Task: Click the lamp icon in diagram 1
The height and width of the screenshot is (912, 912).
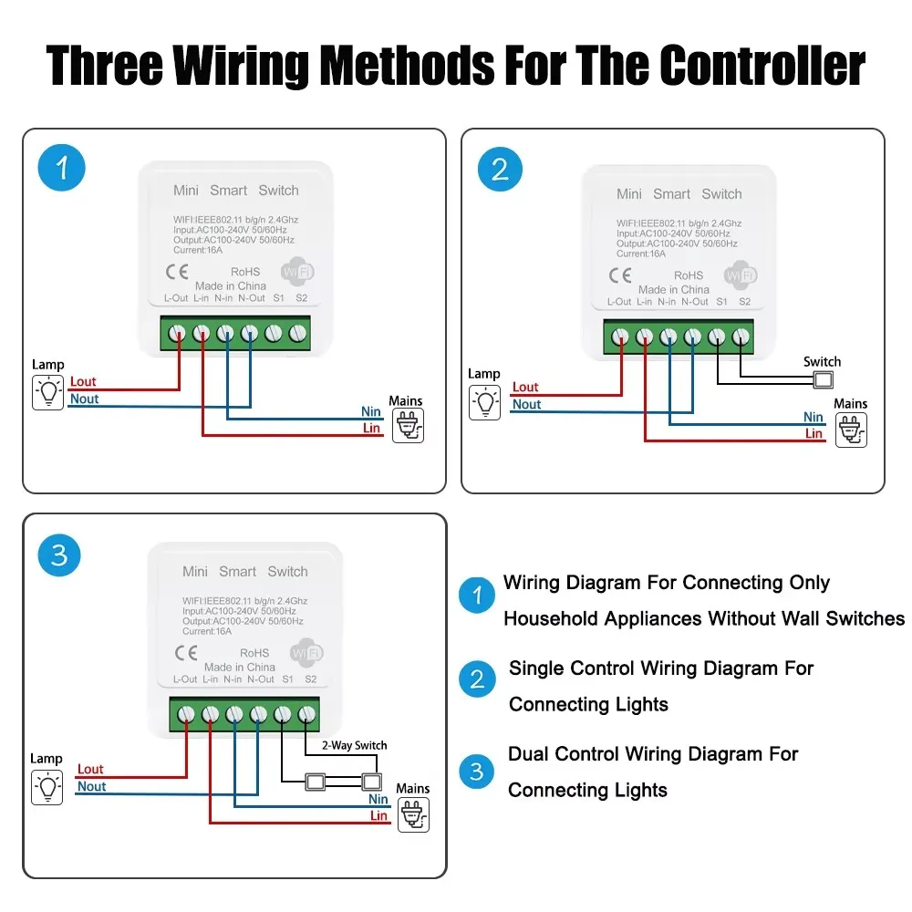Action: pyautogui.click(x=48, y=392)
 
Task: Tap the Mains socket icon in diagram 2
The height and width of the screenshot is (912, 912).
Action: pyautogui.click(x=851, y=430)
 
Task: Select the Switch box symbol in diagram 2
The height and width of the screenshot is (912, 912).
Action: pyautogui.click(x=824, y=380)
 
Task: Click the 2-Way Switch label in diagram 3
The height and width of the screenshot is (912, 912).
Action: pyautogui.click(x=355, y=745)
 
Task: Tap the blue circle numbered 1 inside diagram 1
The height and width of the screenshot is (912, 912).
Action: pyautogui.click(x=62, y=169)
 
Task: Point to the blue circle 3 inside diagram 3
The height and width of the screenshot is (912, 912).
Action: pyautogui.click(x=59, y=554)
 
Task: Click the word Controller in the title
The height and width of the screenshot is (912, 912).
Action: pyautogui.click(x=762, y=66)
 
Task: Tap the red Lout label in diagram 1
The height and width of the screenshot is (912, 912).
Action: pyautogui.click(x=83, y=382)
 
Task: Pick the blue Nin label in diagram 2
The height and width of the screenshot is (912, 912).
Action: pyautogui.click(x=814, y=417)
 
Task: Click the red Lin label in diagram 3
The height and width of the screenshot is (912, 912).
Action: pyautogui.click(x=378, y=815)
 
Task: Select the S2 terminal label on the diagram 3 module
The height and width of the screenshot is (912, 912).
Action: pyautogui.click(x=311, y=679)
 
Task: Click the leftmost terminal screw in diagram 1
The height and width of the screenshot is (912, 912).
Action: pyautogui.click(x=178, y=335)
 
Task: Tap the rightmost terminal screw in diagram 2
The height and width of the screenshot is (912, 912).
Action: pyautogui.click(x=741, y=338)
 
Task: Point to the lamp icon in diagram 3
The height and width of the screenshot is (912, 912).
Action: pyautogui.click(x=47, y=787)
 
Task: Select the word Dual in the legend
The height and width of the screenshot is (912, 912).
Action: pyautogui.click(x=528, y=754)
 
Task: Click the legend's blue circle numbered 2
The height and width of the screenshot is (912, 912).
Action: pyautogui.click(x=477, y=679)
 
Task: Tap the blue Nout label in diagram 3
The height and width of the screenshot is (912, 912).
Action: pyautogui.click(x=92, y=786)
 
